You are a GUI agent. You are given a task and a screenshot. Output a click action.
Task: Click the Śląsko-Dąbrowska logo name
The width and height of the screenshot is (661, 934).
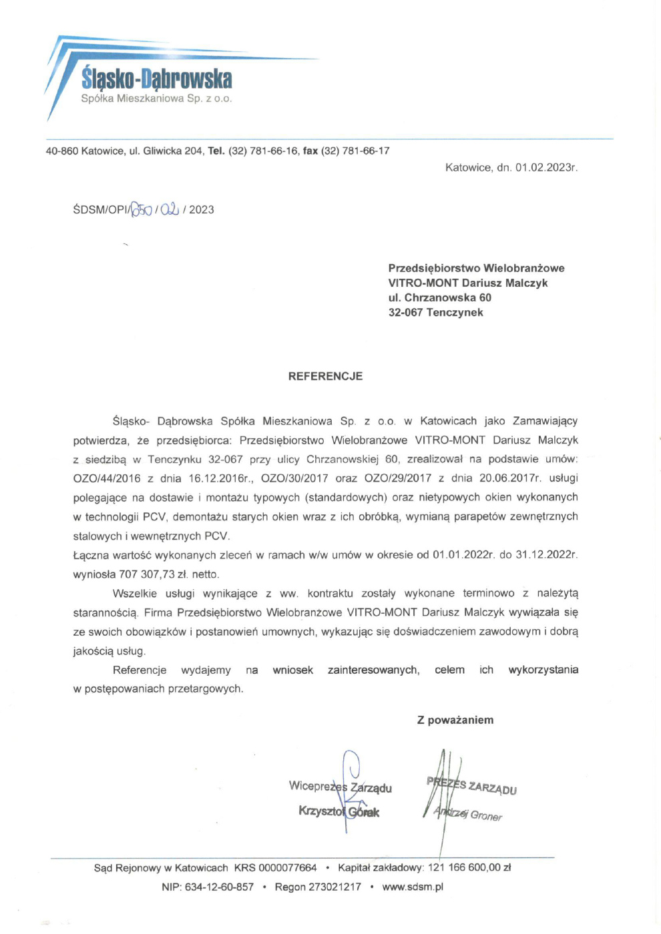point(157,79)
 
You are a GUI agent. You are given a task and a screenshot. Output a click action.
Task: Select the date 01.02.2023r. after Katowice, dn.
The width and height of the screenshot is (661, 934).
point(546,167)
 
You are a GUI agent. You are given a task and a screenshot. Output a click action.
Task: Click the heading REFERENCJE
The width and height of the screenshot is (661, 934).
point(325,376)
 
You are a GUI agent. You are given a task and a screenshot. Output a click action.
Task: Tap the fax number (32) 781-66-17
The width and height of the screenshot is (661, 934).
point(355,151)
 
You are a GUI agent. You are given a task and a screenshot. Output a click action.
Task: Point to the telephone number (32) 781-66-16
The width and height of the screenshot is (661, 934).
point(264,151)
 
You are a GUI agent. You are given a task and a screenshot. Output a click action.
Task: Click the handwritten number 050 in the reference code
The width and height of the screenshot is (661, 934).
point(141,209)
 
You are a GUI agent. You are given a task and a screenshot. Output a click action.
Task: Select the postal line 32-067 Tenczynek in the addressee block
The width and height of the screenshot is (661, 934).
point(435,312)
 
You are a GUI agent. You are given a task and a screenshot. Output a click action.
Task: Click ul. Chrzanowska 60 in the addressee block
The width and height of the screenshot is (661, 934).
point(439,298)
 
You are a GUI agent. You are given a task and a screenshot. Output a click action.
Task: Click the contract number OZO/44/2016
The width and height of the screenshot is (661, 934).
point(107,478)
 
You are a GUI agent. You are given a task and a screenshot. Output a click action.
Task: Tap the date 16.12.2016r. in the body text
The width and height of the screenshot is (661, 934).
point(219,478)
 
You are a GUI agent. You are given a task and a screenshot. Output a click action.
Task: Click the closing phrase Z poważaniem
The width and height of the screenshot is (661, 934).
point(455,720)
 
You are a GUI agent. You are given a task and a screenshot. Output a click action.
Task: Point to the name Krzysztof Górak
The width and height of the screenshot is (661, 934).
point(339,812)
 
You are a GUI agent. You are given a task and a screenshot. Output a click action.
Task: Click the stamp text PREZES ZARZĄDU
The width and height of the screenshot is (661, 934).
point(471,786)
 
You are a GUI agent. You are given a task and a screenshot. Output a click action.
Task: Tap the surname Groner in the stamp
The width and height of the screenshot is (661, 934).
point(486,815)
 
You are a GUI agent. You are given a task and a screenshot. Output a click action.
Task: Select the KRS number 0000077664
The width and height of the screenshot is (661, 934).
point(287,868)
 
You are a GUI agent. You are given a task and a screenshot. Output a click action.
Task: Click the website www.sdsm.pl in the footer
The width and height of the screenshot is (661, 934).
point(413,887)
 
